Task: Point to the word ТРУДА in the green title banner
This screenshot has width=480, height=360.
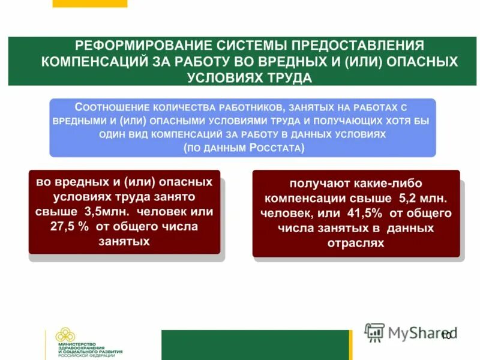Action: tap(290, 78)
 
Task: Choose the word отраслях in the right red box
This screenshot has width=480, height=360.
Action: tap(356, 243)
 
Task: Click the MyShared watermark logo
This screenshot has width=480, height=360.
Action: tap(411, 332)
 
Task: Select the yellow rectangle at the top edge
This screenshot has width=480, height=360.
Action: tap(90, 3)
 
